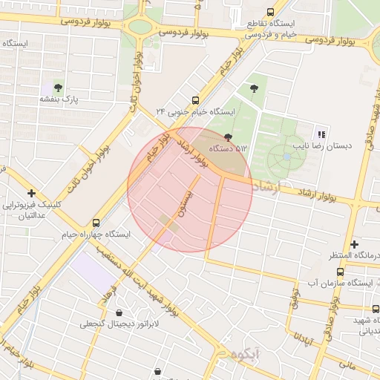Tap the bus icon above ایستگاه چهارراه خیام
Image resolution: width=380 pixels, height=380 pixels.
point(96,222)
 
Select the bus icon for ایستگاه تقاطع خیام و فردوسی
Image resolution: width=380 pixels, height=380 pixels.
point(269,12)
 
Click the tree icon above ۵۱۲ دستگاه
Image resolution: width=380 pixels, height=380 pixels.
point(228,137)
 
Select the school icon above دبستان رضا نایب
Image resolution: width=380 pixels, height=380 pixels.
point(321,134)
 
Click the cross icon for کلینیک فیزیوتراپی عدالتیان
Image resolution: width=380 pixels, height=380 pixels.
point(31,193)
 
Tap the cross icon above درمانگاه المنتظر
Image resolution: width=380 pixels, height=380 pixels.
point(355,243)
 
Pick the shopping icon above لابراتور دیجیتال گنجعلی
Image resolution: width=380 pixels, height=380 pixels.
point(120,312)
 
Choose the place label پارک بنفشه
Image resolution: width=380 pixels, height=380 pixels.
point(59,99)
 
